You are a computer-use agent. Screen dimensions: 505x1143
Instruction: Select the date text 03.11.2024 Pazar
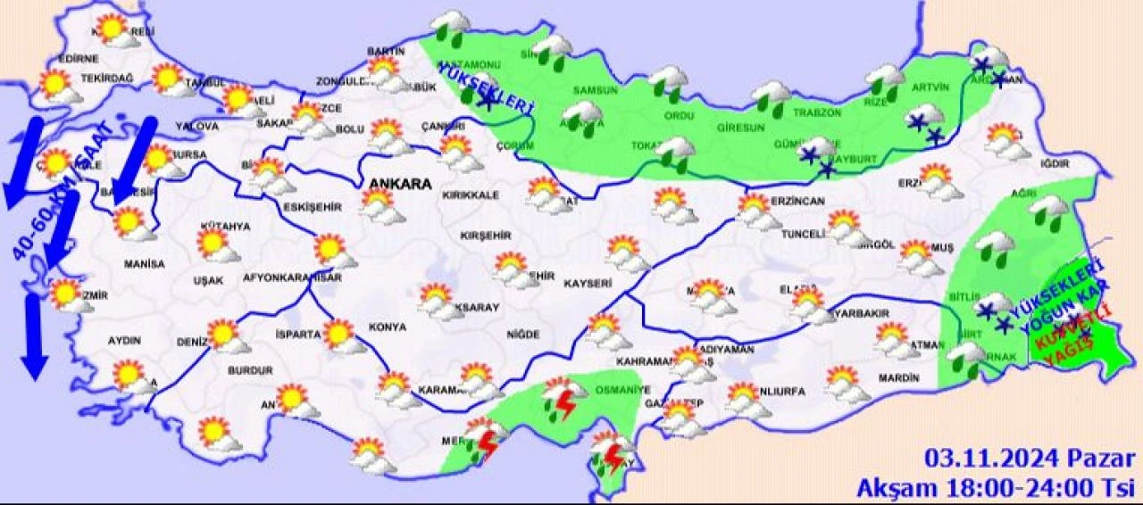click(x=1029, y=459)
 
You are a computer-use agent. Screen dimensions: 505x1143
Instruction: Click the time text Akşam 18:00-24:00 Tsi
click(x=995, y=487)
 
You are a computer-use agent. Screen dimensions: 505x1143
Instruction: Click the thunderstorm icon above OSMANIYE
click(x=563, y=401)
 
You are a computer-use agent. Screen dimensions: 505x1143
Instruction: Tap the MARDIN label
click(x=897, y=378)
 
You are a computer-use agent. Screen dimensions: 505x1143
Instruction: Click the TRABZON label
click(x=817, y=112)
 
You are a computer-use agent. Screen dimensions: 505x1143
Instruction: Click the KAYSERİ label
click(x=588, y=283)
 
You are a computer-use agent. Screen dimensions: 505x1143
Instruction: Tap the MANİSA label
click(x=144, y=264)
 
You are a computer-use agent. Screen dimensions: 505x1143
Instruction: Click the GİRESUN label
click(x=740, y=127)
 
